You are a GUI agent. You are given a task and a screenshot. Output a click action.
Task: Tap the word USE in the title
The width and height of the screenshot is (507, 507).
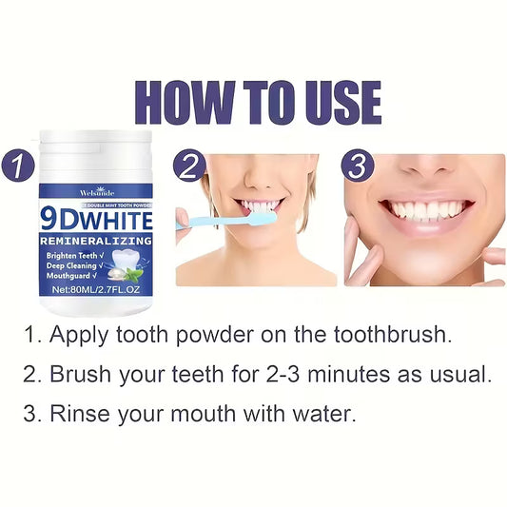point(336,103)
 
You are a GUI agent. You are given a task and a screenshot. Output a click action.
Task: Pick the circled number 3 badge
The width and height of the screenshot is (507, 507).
point(357,166)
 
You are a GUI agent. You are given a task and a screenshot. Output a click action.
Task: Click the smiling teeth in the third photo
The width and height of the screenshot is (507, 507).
point(427,208)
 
